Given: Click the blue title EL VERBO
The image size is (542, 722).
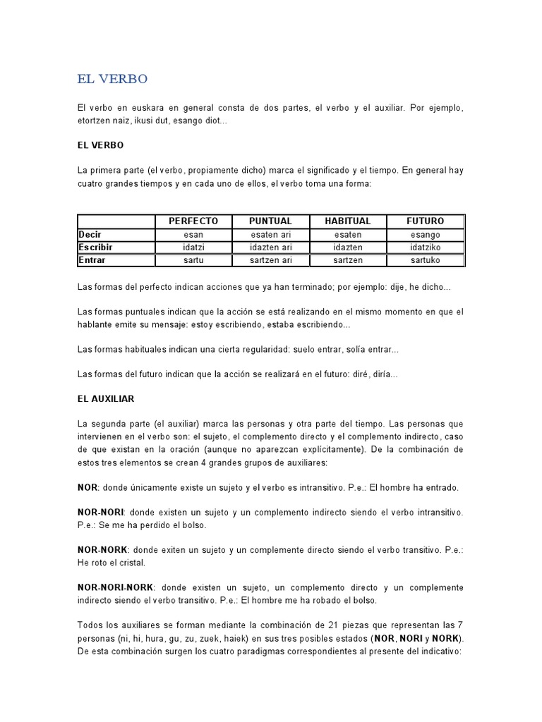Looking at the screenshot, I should pyautogui.click(x=112, y=79).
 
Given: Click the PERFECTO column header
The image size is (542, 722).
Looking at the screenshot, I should pyautogui.click(x=193, y=221).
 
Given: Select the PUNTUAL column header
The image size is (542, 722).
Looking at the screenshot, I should pyautogui.click(x=271, y=221).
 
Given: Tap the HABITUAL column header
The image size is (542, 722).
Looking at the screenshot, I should pyautogui.click(x=347, y=221).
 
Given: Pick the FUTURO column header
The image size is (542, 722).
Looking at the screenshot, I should pyautogui.click(x=426, y=221).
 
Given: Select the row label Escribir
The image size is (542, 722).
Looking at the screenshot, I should pyautogui.click(x=96, y=247).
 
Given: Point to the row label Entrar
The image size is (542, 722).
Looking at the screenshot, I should pyautogui.click(x=92, y=259).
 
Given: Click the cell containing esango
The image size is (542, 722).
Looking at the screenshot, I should pyautogui.click(x=426, y=234).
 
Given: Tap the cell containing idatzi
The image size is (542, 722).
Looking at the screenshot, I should pyautogui.click(x=193, y=247).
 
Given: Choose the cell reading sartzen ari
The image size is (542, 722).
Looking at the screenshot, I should pyautogui.click(x=271, y=259).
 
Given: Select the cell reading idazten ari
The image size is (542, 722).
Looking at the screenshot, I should pyautogui.click(x=271, y=247).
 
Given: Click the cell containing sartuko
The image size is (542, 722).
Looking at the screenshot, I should pyautogui.click(x=426, y=259).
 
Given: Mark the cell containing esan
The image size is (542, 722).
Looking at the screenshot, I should pyautogui.click(x=193, y=234).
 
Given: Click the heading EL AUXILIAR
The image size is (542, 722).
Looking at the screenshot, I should pyautogui.click(x=106, y=398).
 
